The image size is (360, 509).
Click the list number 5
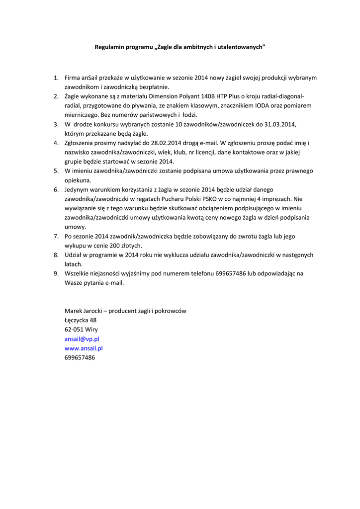tap(56, 171)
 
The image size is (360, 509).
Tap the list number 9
tap(56, 273)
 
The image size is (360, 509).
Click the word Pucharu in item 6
tap(160, 199)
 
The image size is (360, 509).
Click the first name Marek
tap(73, 311)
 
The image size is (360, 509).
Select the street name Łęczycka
tap(77, 320)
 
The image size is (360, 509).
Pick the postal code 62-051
tap(74, 329)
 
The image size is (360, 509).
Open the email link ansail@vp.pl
tap(82, 339)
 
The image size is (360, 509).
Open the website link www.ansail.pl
tap(84, 348)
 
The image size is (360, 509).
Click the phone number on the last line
tap(80, 357)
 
